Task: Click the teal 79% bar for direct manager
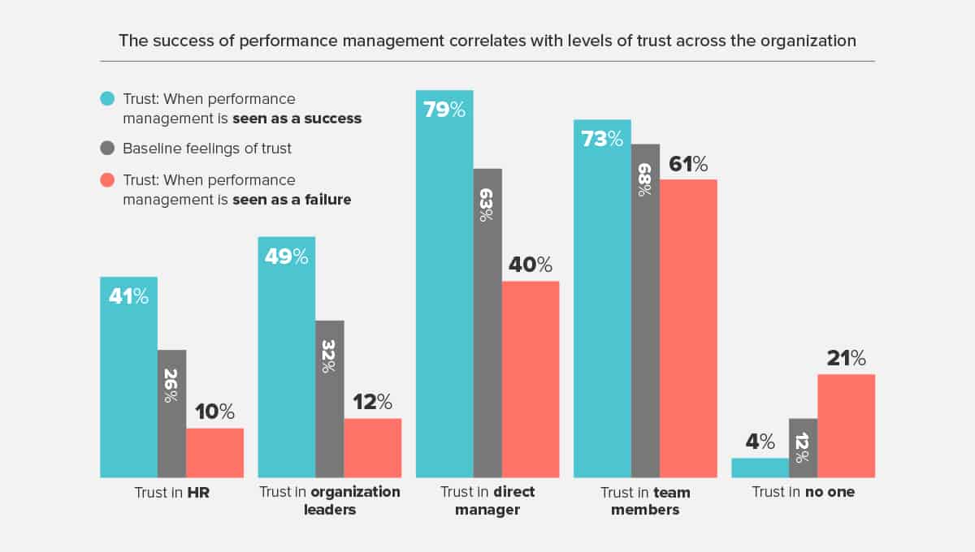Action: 444,284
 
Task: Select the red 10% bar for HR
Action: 214,452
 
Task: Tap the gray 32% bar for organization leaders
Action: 329,398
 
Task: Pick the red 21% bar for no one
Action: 846,425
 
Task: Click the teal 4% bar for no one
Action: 760,468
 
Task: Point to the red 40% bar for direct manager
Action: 531,378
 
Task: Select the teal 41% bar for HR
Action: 128,377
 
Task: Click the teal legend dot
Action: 107,99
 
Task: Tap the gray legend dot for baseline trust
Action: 107,149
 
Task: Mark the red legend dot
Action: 107,179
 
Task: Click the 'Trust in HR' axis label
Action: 171,492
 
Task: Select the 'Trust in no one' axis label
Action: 803,492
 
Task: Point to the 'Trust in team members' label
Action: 645,501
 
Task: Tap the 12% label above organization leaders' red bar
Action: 372,402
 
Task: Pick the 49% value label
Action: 286,257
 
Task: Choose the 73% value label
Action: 601,139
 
